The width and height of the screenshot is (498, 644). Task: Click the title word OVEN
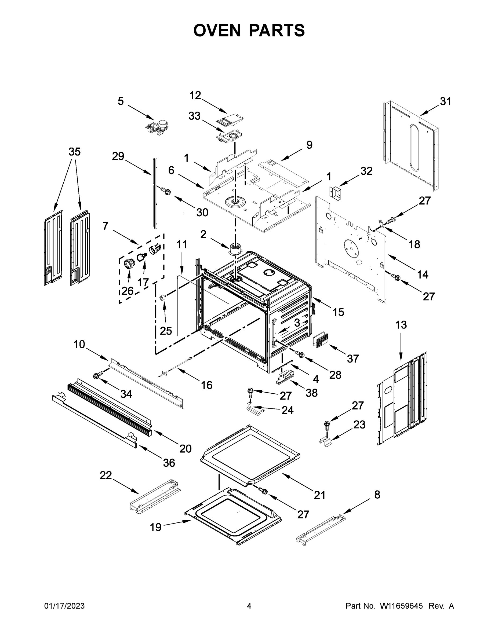217,30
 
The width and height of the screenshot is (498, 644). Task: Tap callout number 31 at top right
445,101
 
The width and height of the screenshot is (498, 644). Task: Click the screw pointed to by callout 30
166,191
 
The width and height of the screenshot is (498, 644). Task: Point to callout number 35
74,152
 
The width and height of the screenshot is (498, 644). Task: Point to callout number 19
155,527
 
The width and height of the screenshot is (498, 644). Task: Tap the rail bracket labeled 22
155,496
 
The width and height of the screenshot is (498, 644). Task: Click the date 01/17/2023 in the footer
64,606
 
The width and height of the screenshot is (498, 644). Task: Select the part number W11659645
401,606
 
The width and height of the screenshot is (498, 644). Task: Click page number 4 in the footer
249,606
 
